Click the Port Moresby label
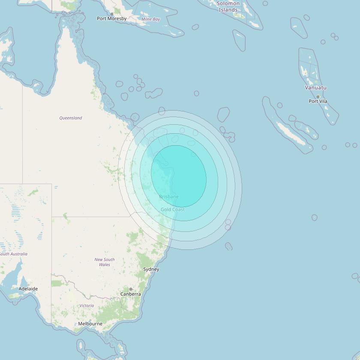111,18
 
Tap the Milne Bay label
150,19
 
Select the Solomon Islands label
228,6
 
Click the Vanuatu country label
315,87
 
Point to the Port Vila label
318,101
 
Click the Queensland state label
71,118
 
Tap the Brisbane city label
169,197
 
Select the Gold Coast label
173,210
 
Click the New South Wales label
105,262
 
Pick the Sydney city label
151,269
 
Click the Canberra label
130,294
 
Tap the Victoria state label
87,306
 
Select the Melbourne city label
90,324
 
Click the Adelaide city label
28,289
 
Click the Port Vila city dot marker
318,97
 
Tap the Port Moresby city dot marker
112,14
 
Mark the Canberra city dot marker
131,290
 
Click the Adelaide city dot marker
28,285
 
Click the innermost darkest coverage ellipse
179,176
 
